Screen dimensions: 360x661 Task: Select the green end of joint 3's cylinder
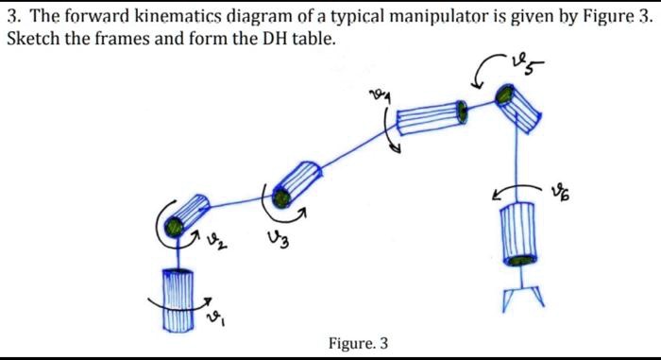pyautogui.click(x=280, y=196)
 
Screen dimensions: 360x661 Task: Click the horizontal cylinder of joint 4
pyautogui.click(x=431, y=118)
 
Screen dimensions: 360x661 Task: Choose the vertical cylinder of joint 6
pyautogui.click(x=517, y=231)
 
